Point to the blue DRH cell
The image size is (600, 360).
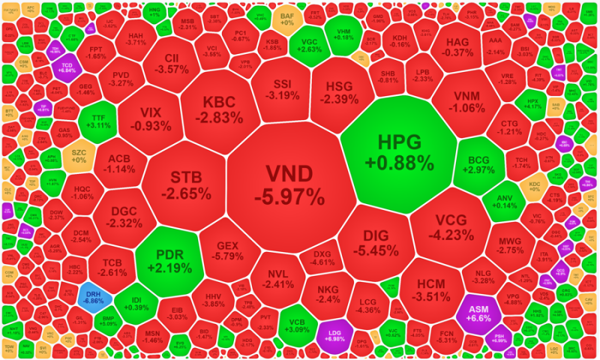(94, 298)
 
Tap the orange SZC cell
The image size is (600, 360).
(79, 158)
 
